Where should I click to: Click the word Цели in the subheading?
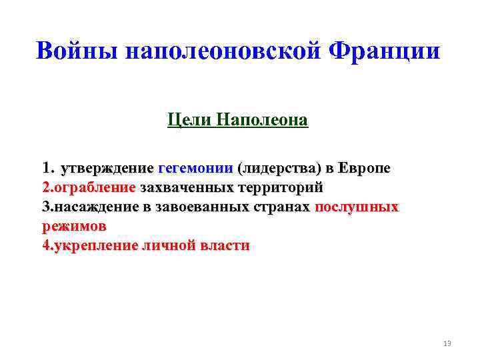click(187, 121)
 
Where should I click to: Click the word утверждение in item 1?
click(106, 168)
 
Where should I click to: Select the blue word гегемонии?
click(195, 168)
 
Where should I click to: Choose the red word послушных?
click(356, 207)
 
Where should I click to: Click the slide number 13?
click(447, 343)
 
